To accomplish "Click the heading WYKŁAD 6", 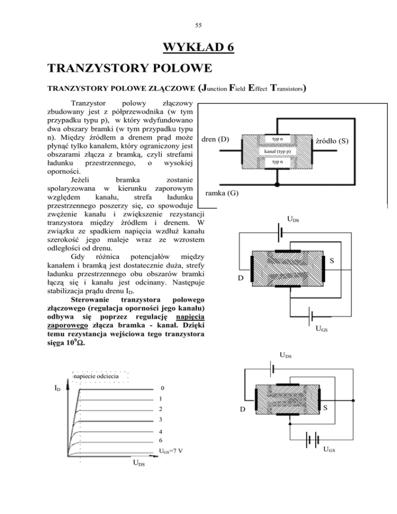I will pos(198,49).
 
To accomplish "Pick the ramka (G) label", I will pos(222,193).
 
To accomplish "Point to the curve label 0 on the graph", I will pos(162,388).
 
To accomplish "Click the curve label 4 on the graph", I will pos(162,431).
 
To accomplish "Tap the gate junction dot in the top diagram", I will pos(278,184).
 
